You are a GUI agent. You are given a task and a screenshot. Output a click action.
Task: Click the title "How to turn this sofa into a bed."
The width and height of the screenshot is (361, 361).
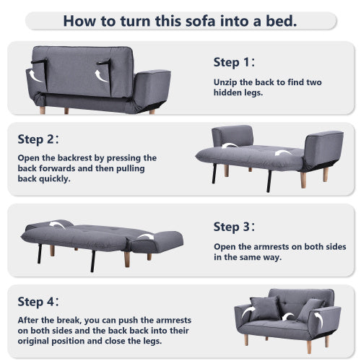click(180, 19)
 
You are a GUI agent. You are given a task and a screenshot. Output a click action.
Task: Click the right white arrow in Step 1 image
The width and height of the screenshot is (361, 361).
click(102, 73)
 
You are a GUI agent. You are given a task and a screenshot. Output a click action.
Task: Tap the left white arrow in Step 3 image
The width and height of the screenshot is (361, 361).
click(57, 225)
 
